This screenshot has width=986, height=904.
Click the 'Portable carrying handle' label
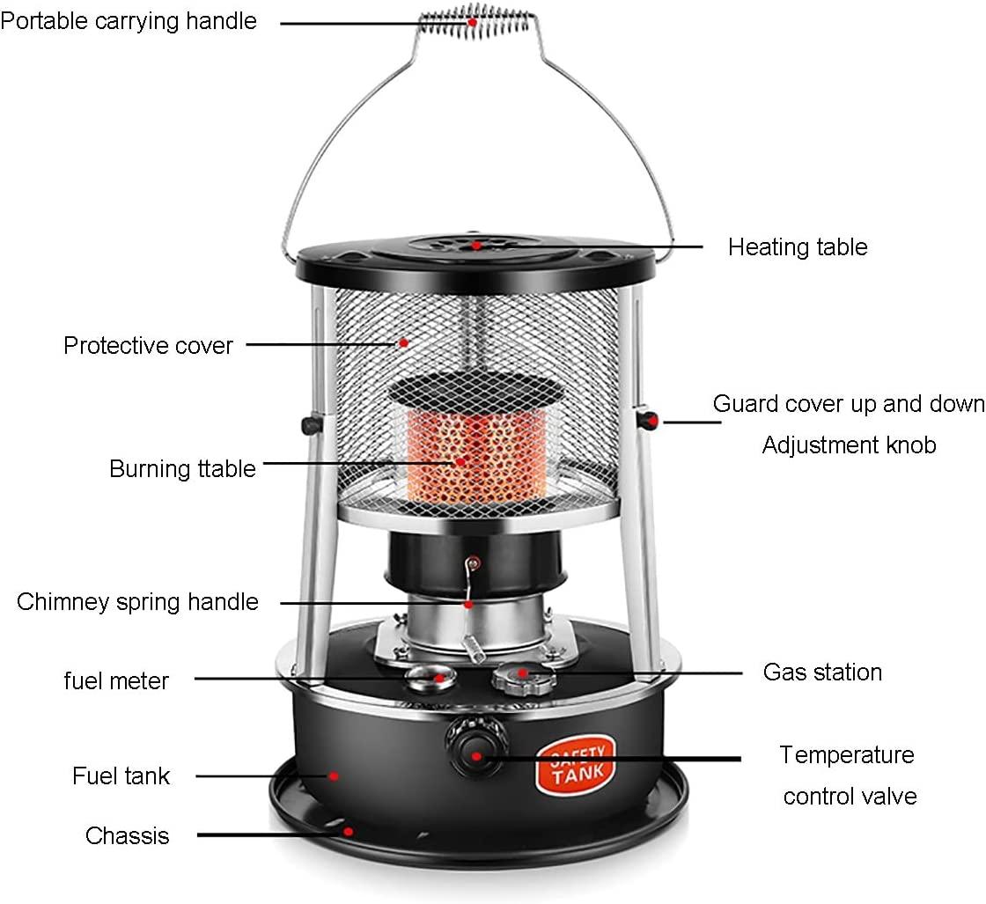click(129, 21)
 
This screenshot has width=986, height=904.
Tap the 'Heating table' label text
click(798, 247)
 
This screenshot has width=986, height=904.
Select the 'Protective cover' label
click(148, 345)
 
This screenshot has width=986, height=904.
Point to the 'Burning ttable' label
click(182, 468)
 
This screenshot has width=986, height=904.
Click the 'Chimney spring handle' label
click(137, 602)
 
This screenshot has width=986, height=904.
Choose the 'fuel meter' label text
click(116, 680)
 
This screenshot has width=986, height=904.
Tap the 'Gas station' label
click(822, 672)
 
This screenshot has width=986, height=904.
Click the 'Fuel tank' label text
click(121, 776)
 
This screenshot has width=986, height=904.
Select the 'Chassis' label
click(127, 834)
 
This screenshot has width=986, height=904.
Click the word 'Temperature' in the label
click(847, 755)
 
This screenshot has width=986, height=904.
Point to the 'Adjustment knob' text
click(849, 445)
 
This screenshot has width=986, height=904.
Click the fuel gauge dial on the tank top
click(428, 678)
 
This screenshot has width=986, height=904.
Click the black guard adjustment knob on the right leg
click(650, 419)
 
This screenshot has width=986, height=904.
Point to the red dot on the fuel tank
click(335, 776)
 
